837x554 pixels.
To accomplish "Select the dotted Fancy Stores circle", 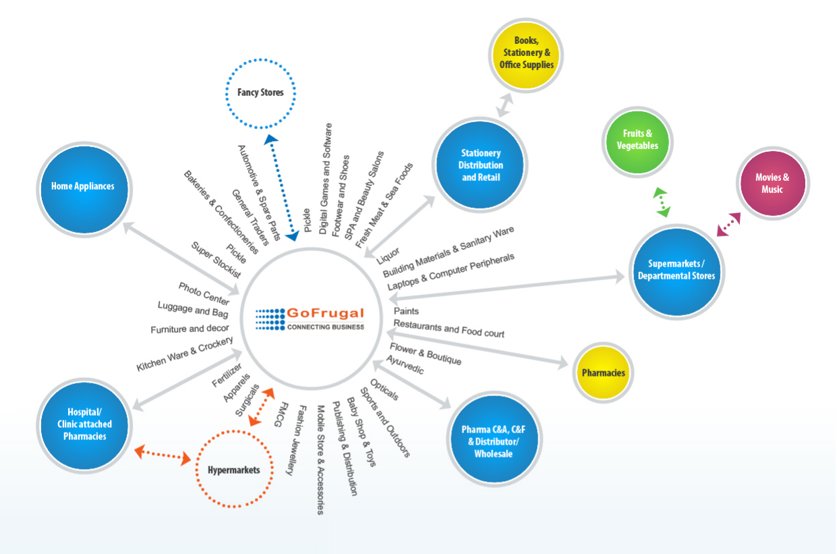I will (x=260, y=92).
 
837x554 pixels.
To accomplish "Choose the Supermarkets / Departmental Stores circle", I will (x=676, y=270).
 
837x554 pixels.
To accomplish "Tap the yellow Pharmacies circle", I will (x=603, y=372).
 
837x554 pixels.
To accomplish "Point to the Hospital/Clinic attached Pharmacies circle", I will (x=85, y=424).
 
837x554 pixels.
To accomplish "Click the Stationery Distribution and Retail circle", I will (x=480, y=165).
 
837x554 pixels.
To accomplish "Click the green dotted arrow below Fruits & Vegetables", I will (x=662, y=202).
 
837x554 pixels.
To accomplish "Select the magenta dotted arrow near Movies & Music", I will (x=728, y=224).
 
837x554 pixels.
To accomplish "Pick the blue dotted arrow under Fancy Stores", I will (x=281, y=188).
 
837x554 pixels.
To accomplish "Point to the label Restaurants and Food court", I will (x=449, y=329).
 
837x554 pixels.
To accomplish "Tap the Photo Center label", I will (x=204, y=294).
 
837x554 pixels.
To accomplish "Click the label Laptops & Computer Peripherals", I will (x=451, y=273).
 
